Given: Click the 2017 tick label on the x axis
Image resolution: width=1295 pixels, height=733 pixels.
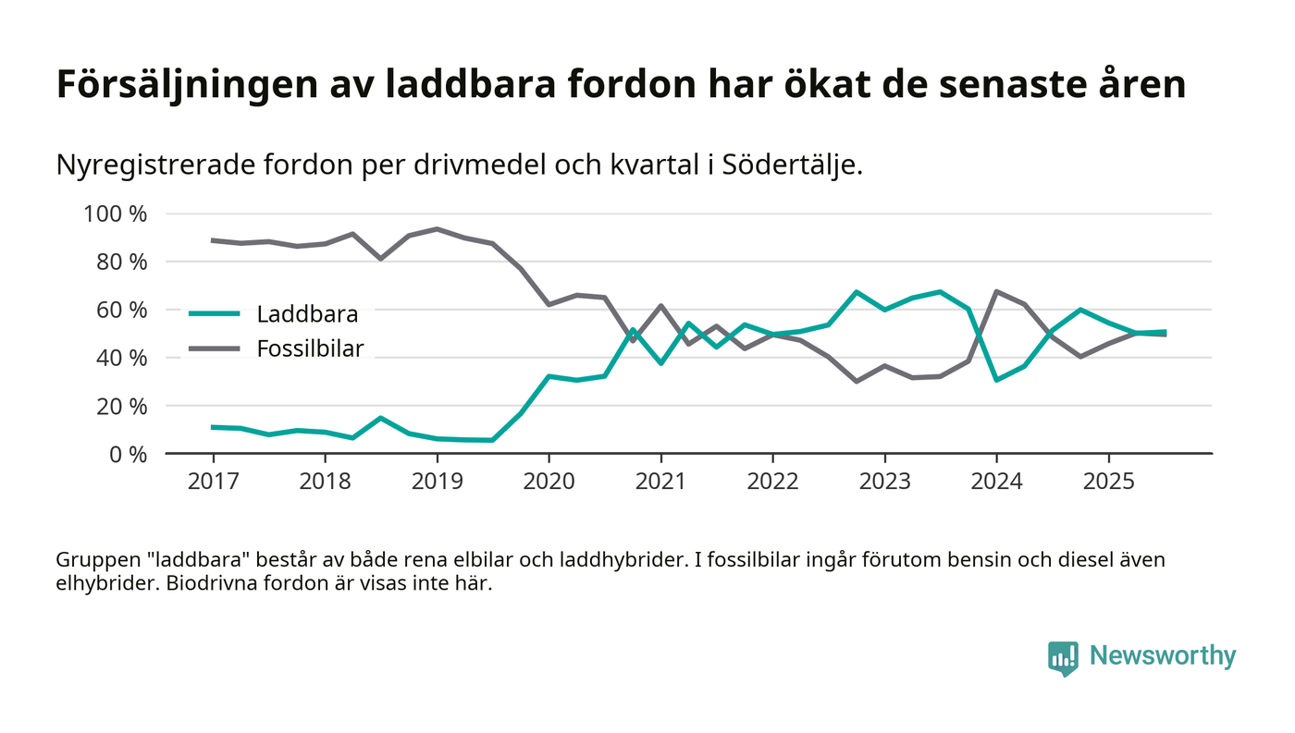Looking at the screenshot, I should [213, 483].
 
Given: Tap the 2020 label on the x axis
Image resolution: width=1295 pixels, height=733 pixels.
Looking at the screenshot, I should [549, 483].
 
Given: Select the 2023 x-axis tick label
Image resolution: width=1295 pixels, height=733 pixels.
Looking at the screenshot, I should [884, 483].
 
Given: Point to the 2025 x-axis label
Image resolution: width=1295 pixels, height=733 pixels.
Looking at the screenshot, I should [1108, 483].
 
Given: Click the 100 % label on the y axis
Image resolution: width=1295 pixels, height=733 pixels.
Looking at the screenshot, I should [116, 214].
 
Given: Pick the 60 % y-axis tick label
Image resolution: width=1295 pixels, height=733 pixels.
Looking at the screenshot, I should [122, 310].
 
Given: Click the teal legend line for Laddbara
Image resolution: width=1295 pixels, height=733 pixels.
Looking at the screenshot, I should [215, 313].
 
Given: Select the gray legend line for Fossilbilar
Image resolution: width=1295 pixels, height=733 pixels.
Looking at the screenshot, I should [215, 348].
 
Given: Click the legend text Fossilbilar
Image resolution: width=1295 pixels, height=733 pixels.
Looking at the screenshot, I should [310, 348].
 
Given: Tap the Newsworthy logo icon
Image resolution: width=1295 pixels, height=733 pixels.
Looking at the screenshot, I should [1063, 657].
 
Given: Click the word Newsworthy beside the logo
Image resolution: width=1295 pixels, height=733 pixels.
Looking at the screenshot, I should [1162, 656].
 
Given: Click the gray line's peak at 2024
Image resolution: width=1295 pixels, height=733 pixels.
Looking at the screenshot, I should [996, 291].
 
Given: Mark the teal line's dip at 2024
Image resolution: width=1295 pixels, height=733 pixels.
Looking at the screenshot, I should [996, 380].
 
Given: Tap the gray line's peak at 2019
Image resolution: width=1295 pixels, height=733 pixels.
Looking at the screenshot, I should [437, 229].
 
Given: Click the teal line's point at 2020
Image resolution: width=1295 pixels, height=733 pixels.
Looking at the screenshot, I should [549, 376].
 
